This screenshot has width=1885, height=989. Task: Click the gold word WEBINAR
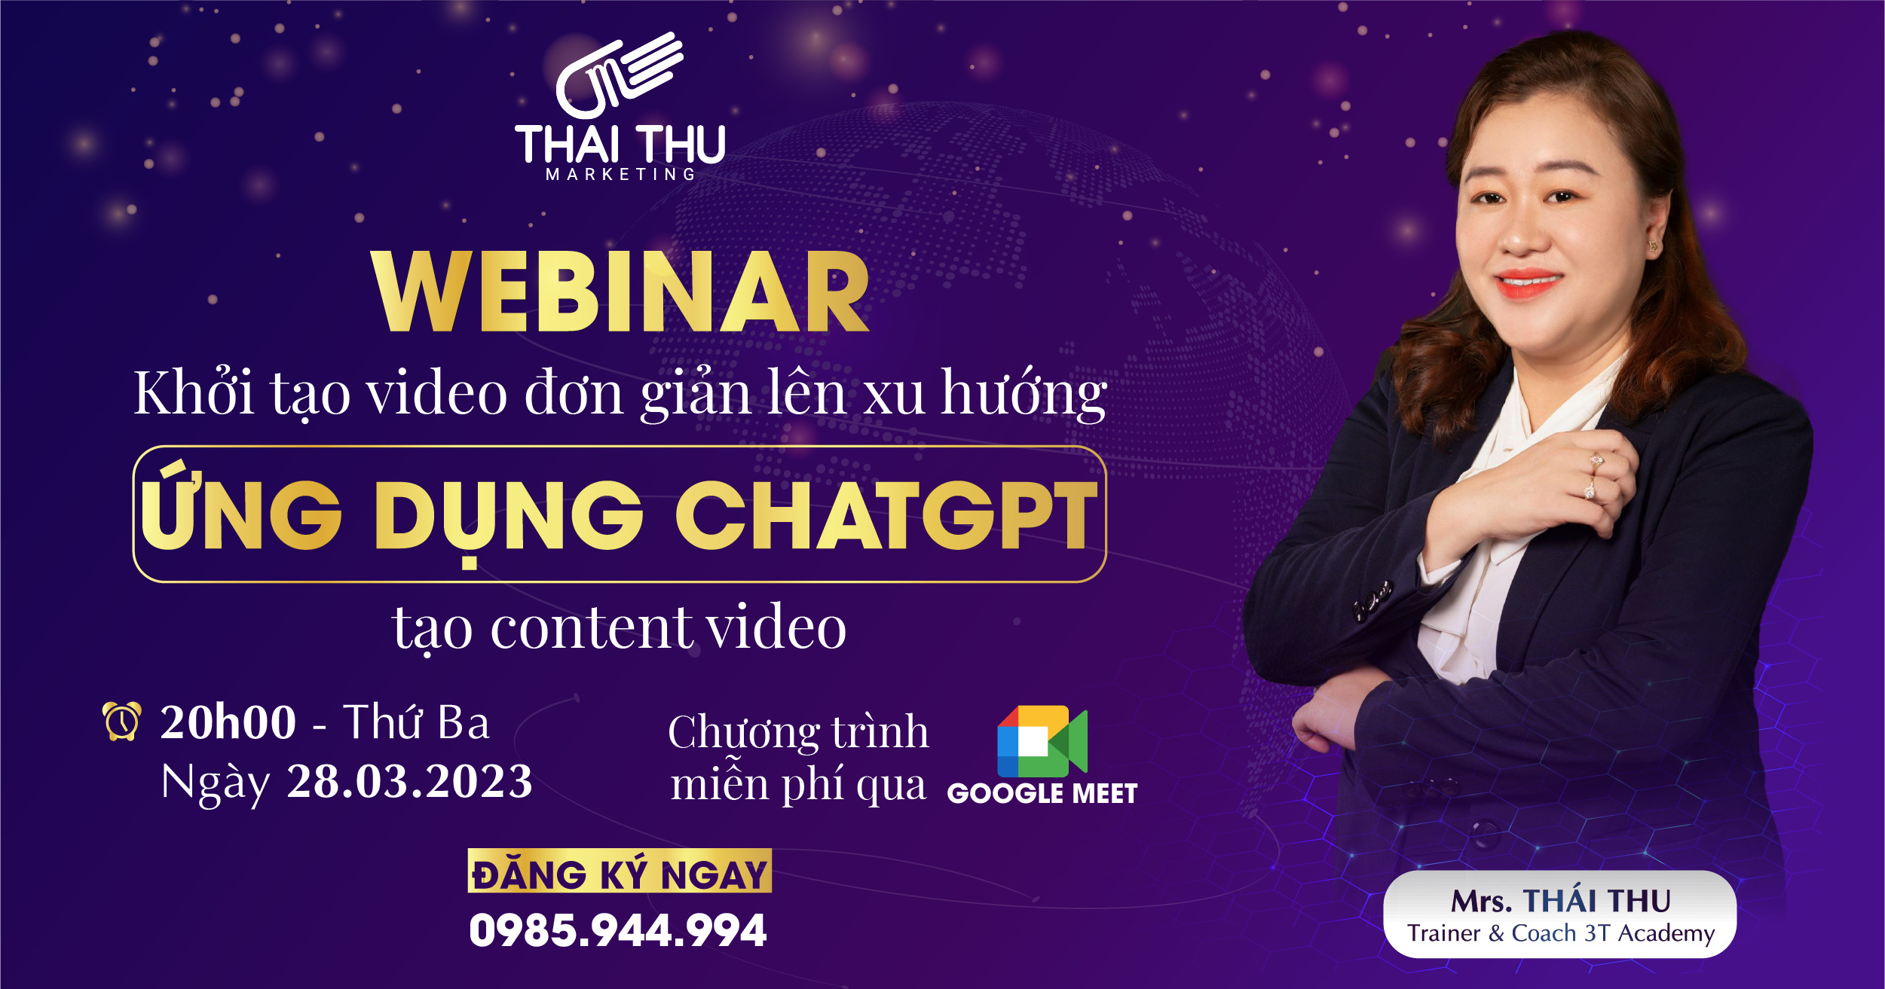pyautogui.click(x=620, y=292)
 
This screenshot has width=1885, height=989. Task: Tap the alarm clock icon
pyautogui.click(x=122, y=721)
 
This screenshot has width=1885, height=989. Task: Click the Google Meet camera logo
pyautogui.click(x=1042, y=741)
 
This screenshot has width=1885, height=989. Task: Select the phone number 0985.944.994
pyautogui.click(x=618, y=930)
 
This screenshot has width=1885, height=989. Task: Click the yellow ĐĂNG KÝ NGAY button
pyautogui.click(x=620, y=871)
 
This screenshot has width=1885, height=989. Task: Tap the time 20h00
pyautogui.click(x=228, y=722)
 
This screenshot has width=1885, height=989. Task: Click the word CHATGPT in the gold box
pyautogui.click(x=886, y=515)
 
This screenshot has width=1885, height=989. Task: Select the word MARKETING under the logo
pyautogui.click(x=620, y=174)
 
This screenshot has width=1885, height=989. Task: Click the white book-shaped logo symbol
pyautogui.click(x=618, y=75)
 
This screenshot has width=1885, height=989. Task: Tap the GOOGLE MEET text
pyautogui.click(x=1042, y=794)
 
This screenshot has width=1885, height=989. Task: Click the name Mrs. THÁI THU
pyautogui.click(x=1561, y=901)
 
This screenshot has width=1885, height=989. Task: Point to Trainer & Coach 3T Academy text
pyautogui.click(x=1561, y=934)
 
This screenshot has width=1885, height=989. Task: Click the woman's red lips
pyautogui.click(x=1529, y=283)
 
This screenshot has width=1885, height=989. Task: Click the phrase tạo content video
pyautogui.click(x=620, y=628)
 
